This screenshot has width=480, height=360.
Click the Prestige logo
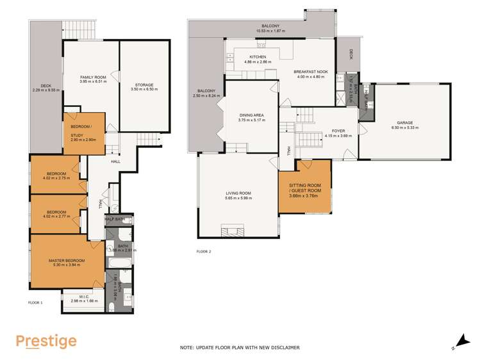point(46,341)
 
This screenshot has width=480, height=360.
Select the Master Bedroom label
point(67,260)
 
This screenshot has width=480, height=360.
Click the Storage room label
point(144,85)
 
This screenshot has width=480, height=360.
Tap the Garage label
point(405,122)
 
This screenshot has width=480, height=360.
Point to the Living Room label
point(238,193)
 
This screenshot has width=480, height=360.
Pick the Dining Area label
point(251,116)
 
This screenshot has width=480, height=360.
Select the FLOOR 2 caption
point(204,251)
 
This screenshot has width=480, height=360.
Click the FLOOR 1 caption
point(35,301)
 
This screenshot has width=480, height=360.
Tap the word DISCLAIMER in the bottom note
point(283,347)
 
